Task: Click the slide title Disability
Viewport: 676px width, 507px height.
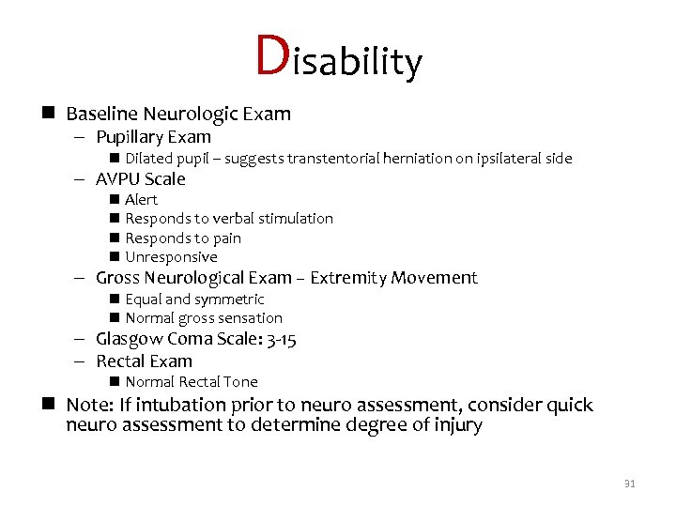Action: click(338, 58)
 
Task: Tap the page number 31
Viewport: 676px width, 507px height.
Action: click(629, 484)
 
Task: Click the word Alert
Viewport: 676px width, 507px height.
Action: click(142, 199)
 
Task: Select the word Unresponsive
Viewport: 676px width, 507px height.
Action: click(171, 257)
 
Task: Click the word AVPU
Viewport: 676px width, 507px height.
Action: click(117, 179)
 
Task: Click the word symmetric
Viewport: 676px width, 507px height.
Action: click(230, 300)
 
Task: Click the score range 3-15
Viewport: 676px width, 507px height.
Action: click(280, 339)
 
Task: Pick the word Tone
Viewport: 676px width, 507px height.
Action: click(239, 382)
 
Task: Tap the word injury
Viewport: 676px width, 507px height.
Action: click(455, 425)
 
